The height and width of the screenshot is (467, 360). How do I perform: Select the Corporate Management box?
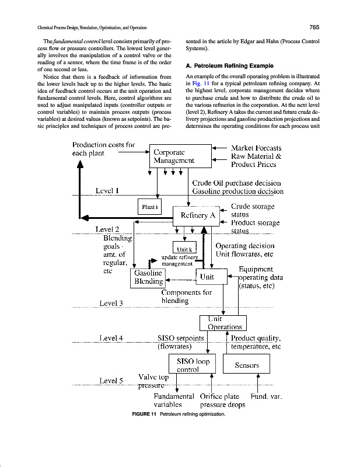[173, 155]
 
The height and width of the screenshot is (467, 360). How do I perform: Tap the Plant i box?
[150, 206]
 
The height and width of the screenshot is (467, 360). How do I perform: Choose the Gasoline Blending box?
[148, 278]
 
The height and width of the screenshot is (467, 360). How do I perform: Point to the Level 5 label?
[111, 381]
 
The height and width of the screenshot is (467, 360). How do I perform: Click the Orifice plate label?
[220, 396]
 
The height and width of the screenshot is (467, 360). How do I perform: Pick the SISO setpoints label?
[181, 338]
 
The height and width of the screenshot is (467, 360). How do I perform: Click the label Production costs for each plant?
[103, 148]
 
